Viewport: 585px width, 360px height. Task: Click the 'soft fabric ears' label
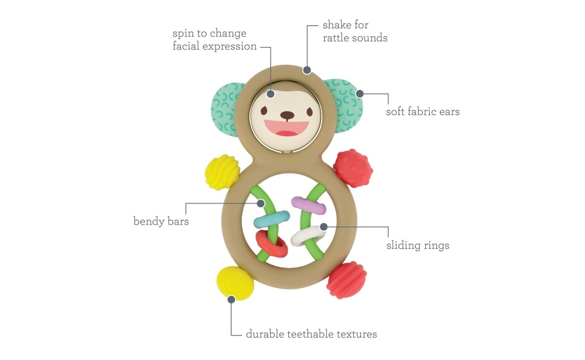pyautogui.click(x=423, y=112)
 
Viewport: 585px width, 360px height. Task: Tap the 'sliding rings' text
pyautogui.click(x=418, y=246)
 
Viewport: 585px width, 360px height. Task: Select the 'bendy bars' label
pyautogui.click(x=161, y=221)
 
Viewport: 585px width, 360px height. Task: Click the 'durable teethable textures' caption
pyautogui.click(x=311, y=334)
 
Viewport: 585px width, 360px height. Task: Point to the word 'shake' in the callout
pyautogui.click(x=339, y=25)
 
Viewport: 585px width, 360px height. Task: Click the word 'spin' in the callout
pyautogui.click(x=182, y=33)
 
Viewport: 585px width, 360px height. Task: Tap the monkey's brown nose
pyautogui.click(x=287, y=115)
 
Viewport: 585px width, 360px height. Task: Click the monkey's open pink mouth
pyautogui.click(x=286, y=128)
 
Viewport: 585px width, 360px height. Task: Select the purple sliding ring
pyautogui.click(x=309, y=205)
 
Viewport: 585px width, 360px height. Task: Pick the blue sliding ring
pyautogui.click(x=272, y=219)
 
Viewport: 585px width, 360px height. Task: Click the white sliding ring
pyautogui.click(x=308, y=236)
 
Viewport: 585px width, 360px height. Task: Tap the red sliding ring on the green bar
pyautogui.click(x=272, y=244)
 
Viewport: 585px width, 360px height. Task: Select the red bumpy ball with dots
pyautogui.click(x=353, y=168)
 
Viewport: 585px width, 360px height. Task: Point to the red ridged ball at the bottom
pyautogui.click(x=346, y=280)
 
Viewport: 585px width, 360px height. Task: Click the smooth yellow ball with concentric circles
pyautogui.click(x=235, y=283)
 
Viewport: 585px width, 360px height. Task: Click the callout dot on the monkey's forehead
pyautogui.click(x=271, y=94)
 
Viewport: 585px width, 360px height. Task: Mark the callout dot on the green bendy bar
pyautogui.click(x=261, y=203)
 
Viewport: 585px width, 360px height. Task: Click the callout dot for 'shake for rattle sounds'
pyautogui.click(x=307, y=70)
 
